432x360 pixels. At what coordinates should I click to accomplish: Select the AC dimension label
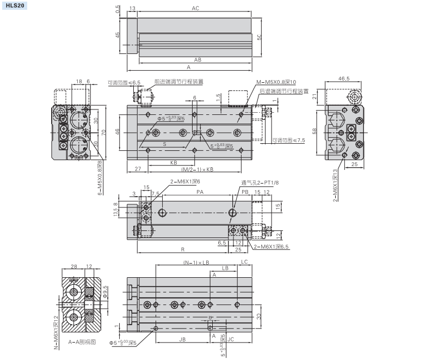click(x=195, y=9)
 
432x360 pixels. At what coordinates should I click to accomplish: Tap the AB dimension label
click(x=198, y=59)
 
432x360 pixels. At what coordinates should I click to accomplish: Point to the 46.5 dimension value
click(x=344, y=79)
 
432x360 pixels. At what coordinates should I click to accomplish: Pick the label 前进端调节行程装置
click(x=178, y=82)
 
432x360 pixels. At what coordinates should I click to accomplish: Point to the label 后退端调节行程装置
click(x=283, y=91)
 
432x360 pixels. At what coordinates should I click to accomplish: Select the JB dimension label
click(x=182, y=339)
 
